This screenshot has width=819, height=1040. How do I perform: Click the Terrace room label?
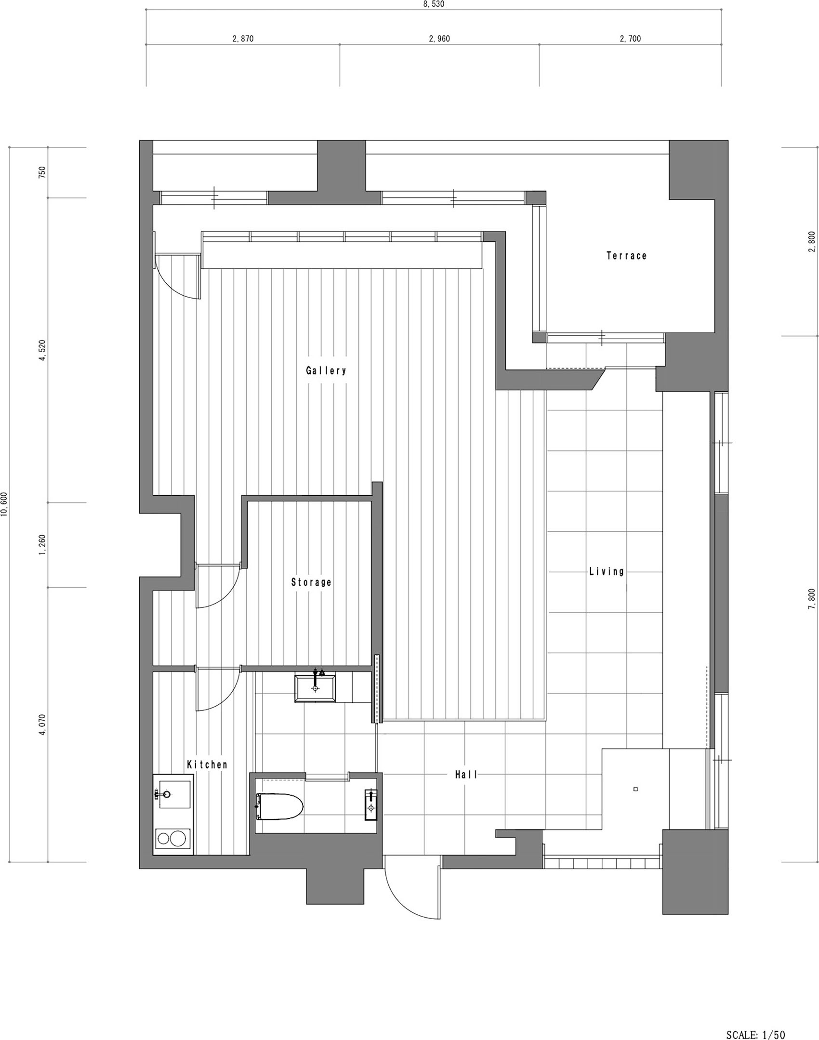(626, 256)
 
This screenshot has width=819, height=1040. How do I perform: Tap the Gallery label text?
(326, 370)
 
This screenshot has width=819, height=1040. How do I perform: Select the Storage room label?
(311, 582)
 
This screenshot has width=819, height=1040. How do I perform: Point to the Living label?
(607, 572)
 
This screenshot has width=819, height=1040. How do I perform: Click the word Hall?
(466, 775)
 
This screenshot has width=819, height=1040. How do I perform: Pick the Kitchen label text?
(207, 764)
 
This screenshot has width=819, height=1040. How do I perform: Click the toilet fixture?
(279, 807)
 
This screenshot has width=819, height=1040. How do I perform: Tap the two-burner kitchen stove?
(172, 839)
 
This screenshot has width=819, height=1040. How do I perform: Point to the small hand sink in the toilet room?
(371, 804)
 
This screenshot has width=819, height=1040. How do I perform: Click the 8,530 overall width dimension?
(434, 4)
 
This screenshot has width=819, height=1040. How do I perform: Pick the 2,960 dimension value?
(439, 39)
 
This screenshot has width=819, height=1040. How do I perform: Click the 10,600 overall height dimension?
(5, 504)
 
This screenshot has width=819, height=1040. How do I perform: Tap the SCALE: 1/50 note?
(755, 1031)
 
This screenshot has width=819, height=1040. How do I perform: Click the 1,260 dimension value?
(42, 545)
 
